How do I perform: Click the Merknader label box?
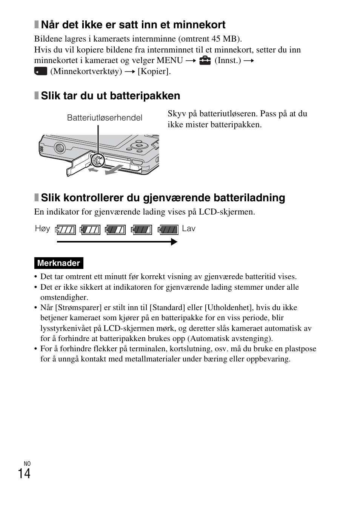click(58, 263)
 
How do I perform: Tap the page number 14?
click(24, 474)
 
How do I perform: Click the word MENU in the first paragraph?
click(170, 60)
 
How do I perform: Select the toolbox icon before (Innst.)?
click(205, 60)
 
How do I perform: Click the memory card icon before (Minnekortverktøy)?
click(40, 71)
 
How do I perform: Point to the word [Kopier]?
click(154, 71)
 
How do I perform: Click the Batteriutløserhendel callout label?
click(105, 118)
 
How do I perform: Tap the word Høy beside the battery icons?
click(42, 229)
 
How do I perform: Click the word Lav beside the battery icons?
click(189, 229)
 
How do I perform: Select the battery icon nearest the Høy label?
click(66, 230)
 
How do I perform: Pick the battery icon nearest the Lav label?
click(168, 230)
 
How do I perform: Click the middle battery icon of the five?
click(115, 230)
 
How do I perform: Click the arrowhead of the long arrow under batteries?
click(174, 242)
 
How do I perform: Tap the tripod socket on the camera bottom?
click(59, 147)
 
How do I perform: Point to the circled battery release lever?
click(97, 161)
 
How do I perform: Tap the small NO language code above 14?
click(27, 463)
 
